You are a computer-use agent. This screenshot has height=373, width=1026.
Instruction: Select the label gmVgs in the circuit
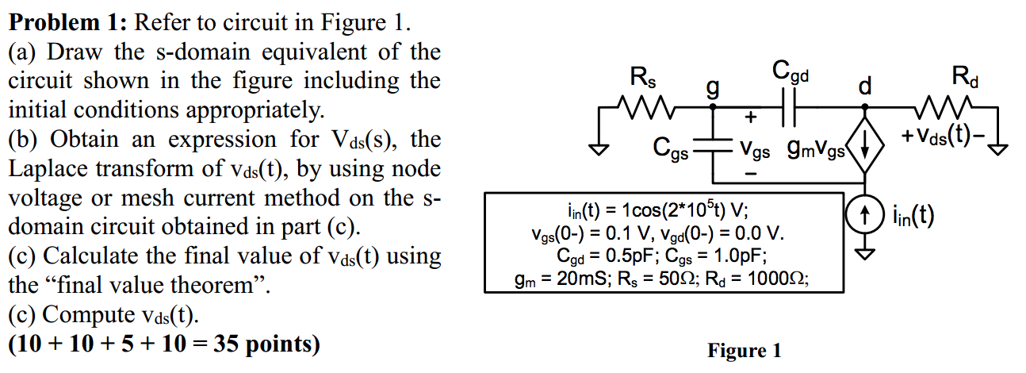point(817,148)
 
